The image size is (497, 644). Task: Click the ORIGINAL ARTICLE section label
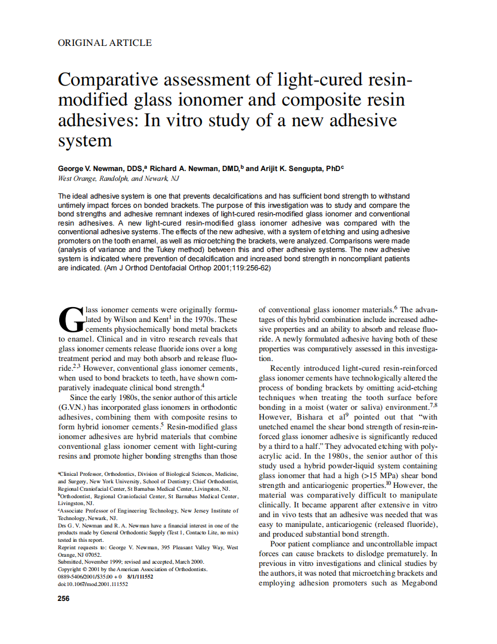point(105,42)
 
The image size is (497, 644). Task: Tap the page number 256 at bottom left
point(64,599)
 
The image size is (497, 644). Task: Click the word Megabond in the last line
point(417,583)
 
